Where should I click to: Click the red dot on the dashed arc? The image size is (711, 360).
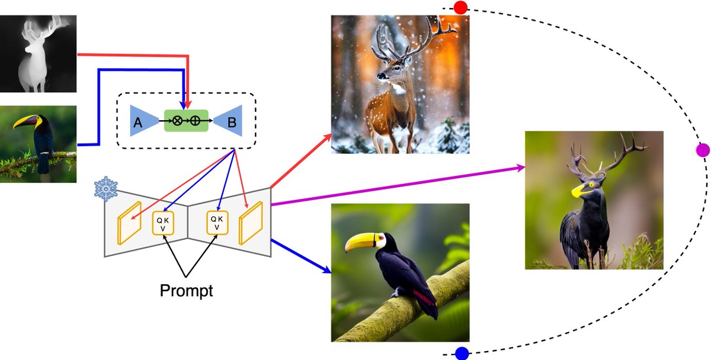pyautogui.click(x=460, y=7)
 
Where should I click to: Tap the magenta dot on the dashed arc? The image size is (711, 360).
pyautogui.click(x=703, y=150)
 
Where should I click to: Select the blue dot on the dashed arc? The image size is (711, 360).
pyautogui.click(x=462, y=353)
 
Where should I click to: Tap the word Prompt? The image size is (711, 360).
pyautogui.click(x=187, y=291)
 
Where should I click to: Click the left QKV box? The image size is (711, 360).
pyautogui.click(x=162, y=223)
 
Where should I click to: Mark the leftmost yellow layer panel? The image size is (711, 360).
pyautogui.click(x=129, y=223)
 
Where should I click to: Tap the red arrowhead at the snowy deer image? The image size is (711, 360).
pyautogui.click(x=329, y=137)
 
